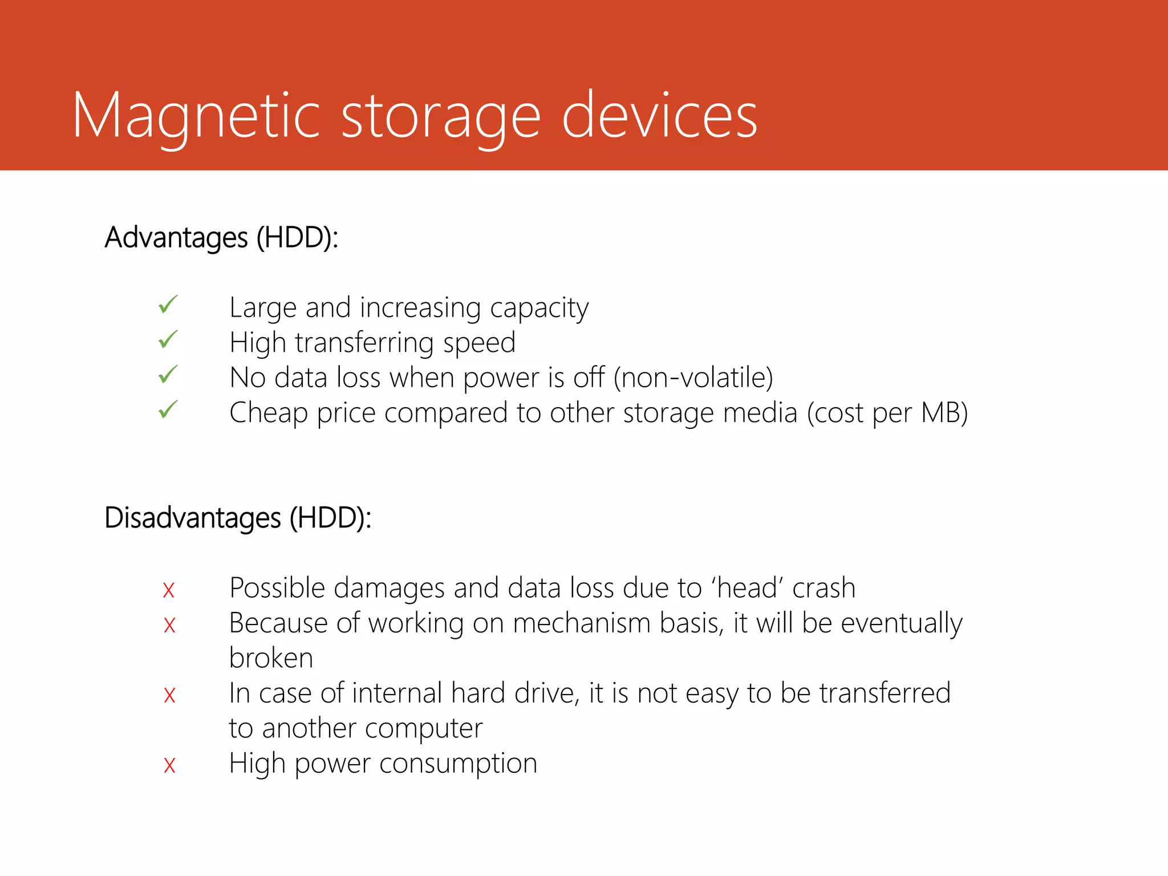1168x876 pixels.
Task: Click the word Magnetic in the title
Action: point(196,116)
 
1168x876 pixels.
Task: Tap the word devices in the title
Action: point(659,116)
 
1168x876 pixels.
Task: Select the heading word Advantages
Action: point(176,237)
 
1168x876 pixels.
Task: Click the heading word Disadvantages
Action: point(193,518)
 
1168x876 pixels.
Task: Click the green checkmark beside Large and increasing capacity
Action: point(168,305)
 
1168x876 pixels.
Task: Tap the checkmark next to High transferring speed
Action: point(168,340)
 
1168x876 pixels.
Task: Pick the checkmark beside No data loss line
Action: point(168,375)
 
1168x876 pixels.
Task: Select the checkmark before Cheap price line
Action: point(168,409)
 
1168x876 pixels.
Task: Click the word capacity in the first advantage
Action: point(539,309)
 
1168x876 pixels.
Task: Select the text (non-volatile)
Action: point(693,378)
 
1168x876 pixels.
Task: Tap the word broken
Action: point(271,658)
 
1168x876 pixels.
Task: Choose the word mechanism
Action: point(582,623)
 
